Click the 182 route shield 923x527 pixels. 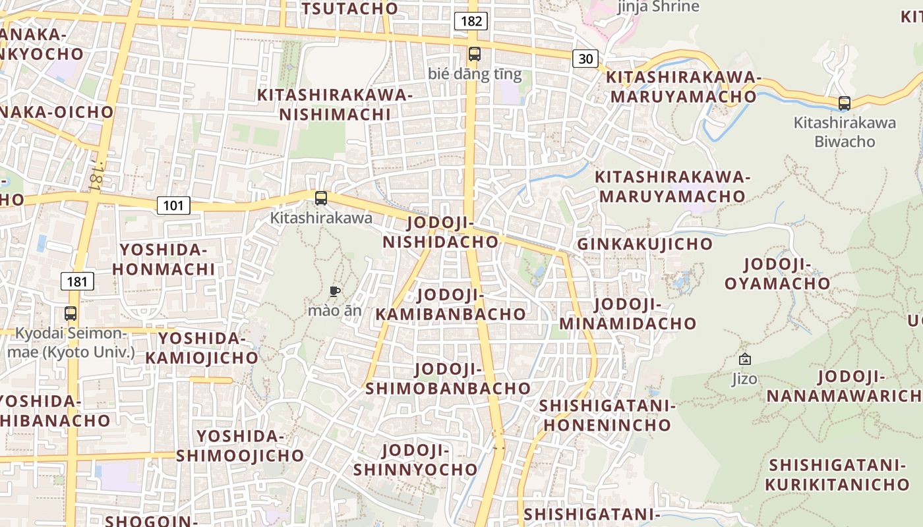click(x=471, y=21)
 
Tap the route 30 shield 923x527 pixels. click(x=585, y=59)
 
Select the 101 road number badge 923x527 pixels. click(x=173, y=206)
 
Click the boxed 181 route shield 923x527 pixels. click(x=78, y=282)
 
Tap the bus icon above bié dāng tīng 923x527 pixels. click(x=474, y=54)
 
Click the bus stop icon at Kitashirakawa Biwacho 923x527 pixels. click(x=844, y=103)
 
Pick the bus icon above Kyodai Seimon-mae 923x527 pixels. click(x=71, y=314)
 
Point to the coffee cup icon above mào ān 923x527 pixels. click(x=334, y=291)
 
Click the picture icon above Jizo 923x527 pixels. click(x=744, y=359)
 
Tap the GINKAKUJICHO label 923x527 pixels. click(x=645, y=244)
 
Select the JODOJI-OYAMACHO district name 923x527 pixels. click(x=777, y=274)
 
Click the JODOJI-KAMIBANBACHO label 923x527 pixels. click(x=451, y=304)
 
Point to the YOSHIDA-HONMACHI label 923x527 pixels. click(x=164, y=259)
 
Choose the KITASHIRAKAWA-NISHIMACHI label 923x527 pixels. click(x=335, y=105)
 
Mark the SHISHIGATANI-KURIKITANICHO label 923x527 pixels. click(x=837, y=474)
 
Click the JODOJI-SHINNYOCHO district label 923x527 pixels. click(x=415, y=460)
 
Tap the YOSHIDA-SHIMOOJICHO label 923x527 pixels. click(x=240, y=446)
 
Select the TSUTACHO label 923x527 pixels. click(x=349, y=9)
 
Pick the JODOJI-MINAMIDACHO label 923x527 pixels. click(x=628, y=314)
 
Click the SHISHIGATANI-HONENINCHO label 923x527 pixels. click(x=607, y=415)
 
